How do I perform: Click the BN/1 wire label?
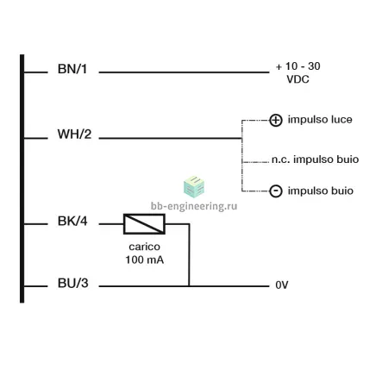pos(72,69)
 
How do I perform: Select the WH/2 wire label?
pos(74,135)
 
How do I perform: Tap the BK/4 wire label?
pos(72,221)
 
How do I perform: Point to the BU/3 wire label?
pos(73,283)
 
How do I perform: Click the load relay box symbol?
pos(144,224)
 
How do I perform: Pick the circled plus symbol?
pos(276,120)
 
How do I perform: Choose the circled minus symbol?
pos(276,191)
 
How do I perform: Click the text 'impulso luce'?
pos(320,120)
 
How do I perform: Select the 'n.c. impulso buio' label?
pos(315,160)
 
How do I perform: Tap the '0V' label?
pos(282,285)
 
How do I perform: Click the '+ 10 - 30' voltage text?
pos(298,66)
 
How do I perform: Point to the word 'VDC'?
pos(297,79)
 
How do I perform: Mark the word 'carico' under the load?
pos(144,247)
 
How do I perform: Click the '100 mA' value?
pos(145,260)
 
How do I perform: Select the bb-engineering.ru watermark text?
pos(194,206)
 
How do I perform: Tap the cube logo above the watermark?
pos(194,187)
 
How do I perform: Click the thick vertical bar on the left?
pos(22,178)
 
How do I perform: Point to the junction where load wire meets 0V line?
pos(189,286)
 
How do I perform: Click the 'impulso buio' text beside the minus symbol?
pos(321,191)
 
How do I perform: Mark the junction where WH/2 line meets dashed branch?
pos(242,138)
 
